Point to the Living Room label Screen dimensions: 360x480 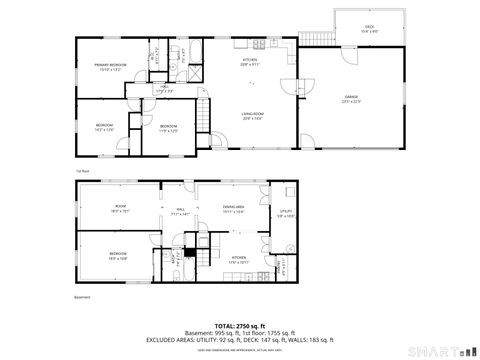252,116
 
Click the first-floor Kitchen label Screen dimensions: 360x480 249,62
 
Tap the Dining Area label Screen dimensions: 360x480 233,209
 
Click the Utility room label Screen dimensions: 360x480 285,212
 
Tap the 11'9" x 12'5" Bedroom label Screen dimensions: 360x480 168,128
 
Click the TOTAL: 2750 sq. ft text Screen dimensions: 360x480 239,326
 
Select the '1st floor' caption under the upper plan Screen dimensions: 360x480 83,170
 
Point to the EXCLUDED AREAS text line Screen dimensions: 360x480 239,340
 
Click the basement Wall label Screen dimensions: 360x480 180,212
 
